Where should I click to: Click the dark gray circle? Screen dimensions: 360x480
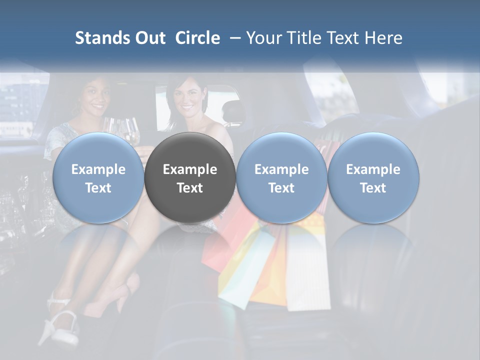coord(190,178)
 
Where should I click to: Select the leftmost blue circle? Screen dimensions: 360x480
coord(98,178)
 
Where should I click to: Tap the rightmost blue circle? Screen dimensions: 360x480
coord(373,178)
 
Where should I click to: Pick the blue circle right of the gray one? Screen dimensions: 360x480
coord(281,178)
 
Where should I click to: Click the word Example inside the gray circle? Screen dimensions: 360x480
coord(190,169)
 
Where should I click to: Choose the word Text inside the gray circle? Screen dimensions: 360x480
coord(190,188)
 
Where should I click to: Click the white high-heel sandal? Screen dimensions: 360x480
coord(57,325)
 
